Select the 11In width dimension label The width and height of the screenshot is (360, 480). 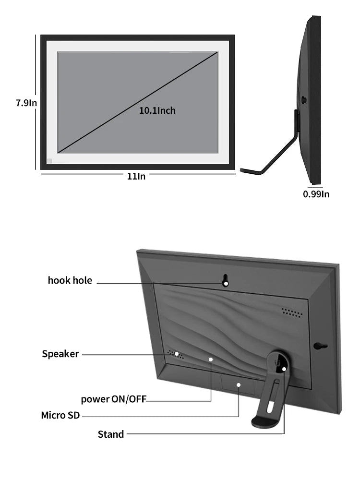point(136,176)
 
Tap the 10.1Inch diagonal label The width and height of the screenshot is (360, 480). point(157,110)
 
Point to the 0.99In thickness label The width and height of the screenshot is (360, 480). point(316,194)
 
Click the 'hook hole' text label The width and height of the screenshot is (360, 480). point(70,280)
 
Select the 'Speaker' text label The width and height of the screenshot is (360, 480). point(60,354)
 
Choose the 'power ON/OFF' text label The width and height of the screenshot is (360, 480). point(113,399)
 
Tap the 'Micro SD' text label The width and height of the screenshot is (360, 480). point(60,415)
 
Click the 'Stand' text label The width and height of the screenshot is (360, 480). point(111,434)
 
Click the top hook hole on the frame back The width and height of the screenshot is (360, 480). point(226,281)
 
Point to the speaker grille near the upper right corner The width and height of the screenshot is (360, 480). point(292,312)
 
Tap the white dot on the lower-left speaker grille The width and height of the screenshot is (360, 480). point(177,354)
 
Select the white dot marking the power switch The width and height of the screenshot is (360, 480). point(211,359)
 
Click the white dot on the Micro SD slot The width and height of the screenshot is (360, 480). point(239,384)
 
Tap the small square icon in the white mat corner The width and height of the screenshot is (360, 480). point(49,161)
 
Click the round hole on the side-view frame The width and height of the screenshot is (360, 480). point(304,100)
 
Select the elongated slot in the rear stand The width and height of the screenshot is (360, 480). point(272,396)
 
